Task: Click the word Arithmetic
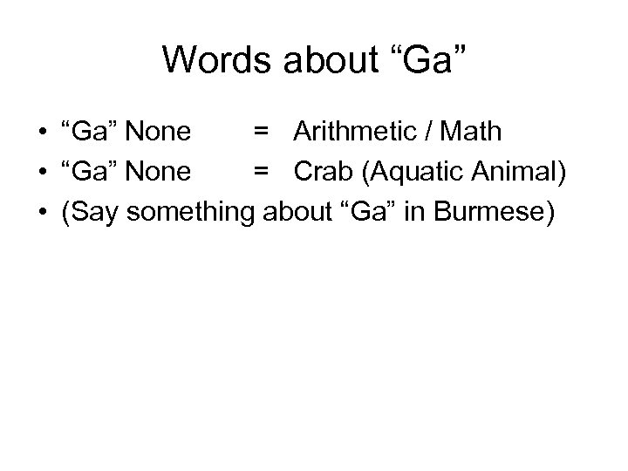tap(365, 132)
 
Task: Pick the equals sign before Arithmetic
tap(261, 133)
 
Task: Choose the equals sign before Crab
tap(261, 173)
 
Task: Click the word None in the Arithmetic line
tap(159, 132)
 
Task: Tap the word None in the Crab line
tap(159, 172)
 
